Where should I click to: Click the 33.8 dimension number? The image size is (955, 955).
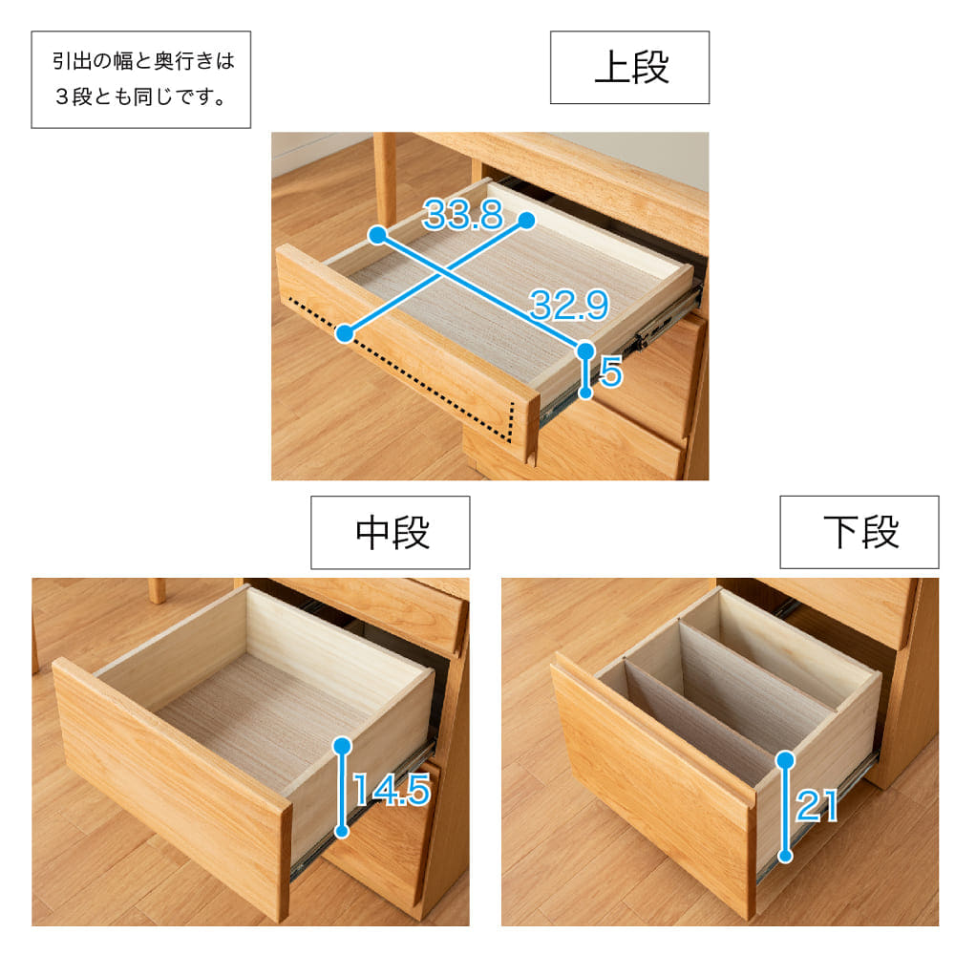463,215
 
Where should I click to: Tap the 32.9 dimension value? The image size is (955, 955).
569,305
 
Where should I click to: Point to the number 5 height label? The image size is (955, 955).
611,372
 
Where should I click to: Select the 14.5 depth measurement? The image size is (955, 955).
392,790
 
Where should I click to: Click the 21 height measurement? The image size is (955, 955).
817,806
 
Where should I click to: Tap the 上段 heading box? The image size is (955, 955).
629,67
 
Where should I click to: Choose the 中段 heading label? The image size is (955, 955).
391,532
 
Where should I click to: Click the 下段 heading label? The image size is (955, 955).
859,532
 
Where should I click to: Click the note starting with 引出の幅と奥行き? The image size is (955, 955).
140,79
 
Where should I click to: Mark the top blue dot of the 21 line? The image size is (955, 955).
786,759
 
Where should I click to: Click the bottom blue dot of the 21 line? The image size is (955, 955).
786,856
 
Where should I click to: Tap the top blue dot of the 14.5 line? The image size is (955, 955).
343,746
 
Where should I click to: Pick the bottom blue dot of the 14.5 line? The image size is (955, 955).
342,831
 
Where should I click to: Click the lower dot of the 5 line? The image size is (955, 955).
585,393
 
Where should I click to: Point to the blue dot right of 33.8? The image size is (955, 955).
527,221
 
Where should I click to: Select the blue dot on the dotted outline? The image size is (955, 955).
345,333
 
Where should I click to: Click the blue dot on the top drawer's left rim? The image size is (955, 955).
377,235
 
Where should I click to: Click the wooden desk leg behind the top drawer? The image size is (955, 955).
385,178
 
